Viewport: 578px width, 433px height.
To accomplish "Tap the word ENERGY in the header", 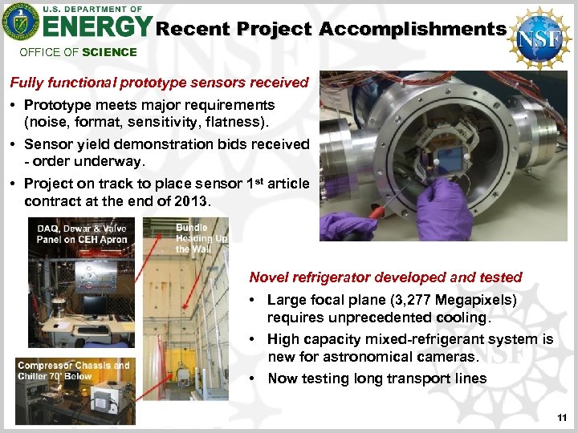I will click(96, 28).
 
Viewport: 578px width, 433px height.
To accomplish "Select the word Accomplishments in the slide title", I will click(412, 29).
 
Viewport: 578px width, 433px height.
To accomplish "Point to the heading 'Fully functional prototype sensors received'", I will click(158, 83).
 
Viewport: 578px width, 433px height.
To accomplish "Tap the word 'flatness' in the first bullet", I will click(236, 123).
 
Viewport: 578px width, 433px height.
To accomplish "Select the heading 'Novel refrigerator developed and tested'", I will click(385, 277).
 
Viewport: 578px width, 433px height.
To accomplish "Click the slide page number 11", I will click(561, 418).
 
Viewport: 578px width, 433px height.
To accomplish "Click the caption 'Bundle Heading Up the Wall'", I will click(201, 238).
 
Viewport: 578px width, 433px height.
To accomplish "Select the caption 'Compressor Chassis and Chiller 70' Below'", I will click(73, 371).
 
